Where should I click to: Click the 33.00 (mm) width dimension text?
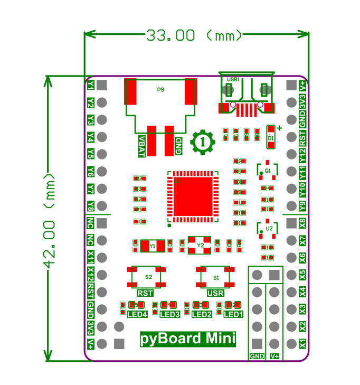coord(194,35)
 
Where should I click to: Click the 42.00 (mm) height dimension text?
coord(51,219)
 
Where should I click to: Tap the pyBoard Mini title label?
coord(187,338)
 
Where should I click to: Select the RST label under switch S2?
coord(145,293)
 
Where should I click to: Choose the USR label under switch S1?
coord(215,293)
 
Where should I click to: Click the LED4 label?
coord(137,314)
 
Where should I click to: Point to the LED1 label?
coord(233,314)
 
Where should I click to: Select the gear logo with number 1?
coord(202,142)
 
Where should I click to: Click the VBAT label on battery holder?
coord(141,145)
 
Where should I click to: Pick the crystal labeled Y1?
coord(153,245)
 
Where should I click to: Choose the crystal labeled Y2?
coord(200,245)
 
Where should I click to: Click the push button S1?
coord(216,277)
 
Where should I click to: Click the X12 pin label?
coord(91,275)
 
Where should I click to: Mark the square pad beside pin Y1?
coord(102,84)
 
